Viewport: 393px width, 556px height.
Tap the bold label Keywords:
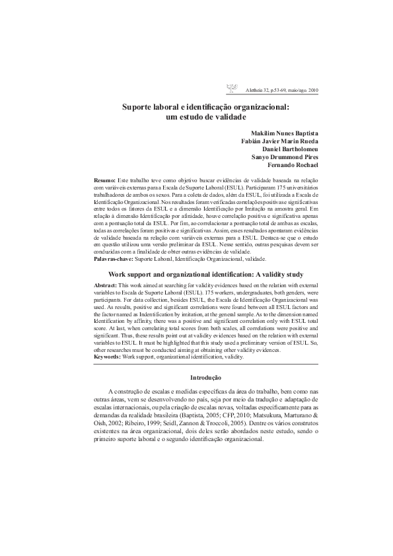coord(108,357)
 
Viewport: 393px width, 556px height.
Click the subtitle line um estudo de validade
coord(206,117)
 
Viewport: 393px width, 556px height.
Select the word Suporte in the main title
coord(138,106)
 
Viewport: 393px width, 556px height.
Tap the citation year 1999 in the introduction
coord(176,423)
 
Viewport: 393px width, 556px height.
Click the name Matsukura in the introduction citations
coord(263,414)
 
